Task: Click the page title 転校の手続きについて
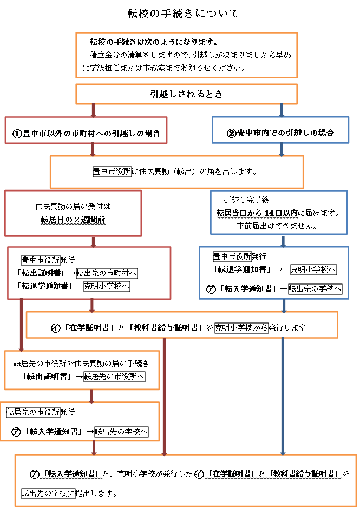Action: pos(183,14)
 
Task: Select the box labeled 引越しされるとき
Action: pos(186,94)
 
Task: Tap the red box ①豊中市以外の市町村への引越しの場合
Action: pos(86,130)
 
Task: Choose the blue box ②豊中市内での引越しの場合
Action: pos(280,130)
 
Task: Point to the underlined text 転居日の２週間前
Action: pos(73,220)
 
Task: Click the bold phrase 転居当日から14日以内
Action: pos(257,213)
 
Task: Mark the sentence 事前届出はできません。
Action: pos(277,226)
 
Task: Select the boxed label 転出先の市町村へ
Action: pos(107,273)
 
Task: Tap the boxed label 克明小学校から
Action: pos(241,328)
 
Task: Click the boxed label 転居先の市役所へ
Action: pos(114,377)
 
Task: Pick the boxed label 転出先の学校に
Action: pos(48,493)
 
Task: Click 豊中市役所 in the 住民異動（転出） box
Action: pos(112,171)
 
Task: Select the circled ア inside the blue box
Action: pos(211,289)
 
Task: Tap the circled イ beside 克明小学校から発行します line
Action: pos(55,328)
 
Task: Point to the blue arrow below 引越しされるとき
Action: pos(282,110)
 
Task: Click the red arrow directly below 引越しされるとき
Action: pos(94,110)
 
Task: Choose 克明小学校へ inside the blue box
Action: pos(313,269)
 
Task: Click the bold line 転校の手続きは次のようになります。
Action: pos(153,42)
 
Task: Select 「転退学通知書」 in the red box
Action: pos(44,286)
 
